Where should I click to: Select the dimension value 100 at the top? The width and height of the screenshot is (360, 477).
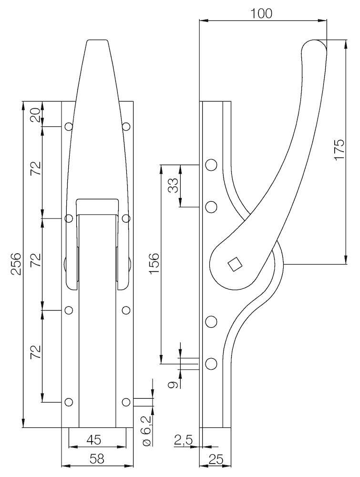pos(261,13)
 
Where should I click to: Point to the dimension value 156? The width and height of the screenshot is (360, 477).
pos(154,263)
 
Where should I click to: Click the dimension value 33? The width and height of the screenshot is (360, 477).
pos(173,186)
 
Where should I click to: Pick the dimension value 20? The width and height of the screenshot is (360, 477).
pos(36,115)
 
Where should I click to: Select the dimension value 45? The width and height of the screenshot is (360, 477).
pos(93,440)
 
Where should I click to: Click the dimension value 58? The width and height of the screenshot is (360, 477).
pos(97,459)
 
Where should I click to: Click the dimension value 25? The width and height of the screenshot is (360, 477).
pos(216,459)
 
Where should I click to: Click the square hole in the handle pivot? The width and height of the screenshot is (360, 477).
pos(235,264)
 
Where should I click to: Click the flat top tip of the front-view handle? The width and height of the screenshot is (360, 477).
pos(97,40)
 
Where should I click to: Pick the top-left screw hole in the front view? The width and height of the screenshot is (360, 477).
pos(69,126)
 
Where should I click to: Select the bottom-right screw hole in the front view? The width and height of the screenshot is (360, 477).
pos(126,402)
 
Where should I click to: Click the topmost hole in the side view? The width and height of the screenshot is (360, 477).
pos(211,165)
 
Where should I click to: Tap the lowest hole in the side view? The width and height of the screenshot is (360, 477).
pos(211,364)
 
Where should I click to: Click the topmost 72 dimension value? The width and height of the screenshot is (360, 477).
pos(36,168)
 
